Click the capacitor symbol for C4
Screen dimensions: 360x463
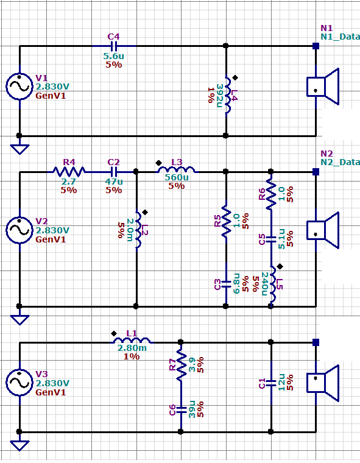114,46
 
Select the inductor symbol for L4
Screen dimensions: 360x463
228,95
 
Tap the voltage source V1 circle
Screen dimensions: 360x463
19,87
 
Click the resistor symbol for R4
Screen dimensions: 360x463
69,171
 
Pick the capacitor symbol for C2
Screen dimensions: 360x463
114,172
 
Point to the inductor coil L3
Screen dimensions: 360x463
176,169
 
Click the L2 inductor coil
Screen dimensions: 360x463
138,230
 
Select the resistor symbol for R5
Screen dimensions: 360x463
227,221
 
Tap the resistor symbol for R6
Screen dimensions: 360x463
271,194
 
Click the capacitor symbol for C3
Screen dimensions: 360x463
226,285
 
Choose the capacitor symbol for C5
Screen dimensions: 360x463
271,239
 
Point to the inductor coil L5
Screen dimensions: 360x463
272,283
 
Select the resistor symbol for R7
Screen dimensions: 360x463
182,365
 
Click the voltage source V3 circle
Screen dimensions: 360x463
19,383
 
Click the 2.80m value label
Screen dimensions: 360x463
132,348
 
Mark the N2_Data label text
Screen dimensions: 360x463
341,162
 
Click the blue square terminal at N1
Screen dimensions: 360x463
316,46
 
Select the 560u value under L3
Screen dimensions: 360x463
177,177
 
